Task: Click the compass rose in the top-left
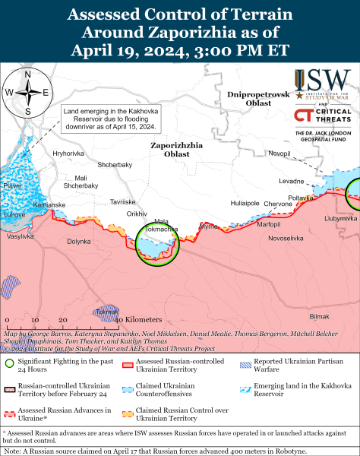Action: tap(27, 93)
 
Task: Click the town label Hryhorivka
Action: tap(68, 154)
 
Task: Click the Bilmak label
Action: tap(321, 316)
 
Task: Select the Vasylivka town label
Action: tap(21, 237)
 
